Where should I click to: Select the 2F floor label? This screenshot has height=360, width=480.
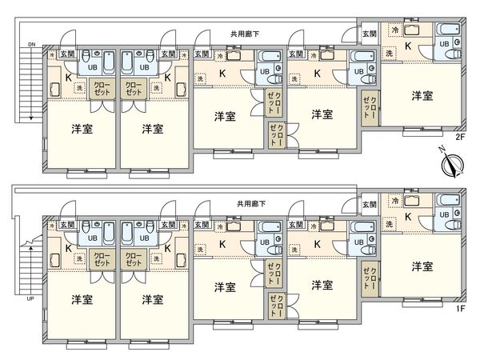click(460, 137)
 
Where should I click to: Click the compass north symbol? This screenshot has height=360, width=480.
click(454, 166)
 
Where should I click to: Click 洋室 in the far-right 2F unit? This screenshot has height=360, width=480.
click(422, 96)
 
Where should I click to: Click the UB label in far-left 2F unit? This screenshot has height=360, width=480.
click(93, 67)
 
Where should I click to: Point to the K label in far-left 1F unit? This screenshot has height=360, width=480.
click(67, 248)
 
